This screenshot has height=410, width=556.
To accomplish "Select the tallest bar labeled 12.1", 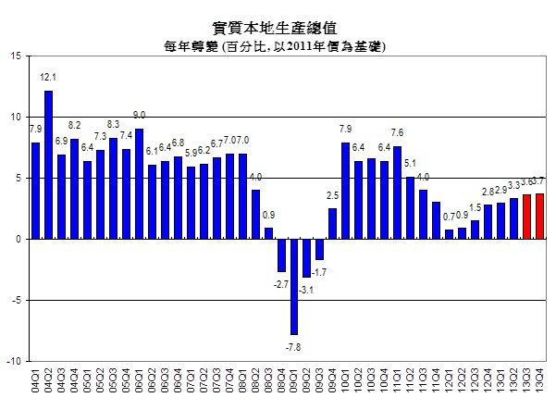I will pos(48,165).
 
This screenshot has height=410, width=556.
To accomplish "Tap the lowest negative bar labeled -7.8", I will pos(294,286).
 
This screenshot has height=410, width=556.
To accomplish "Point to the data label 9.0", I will pos(139,116).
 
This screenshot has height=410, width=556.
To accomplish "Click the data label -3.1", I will pos(306,290).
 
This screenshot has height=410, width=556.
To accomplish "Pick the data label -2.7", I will pos(280,284).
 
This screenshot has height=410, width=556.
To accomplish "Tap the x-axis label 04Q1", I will pos(36,380).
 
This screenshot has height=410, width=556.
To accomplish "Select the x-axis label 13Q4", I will pos(540,380).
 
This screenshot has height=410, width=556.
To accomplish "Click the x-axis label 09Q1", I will pos(294,380).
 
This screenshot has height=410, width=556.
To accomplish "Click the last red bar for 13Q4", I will pos(540,216).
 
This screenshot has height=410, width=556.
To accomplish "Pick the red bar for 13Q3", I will pos(527,217).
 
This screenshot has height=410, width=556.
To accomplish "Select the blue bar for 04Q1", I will pos(36,191).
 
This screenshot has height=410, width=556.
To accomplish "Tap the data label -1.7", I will pos(319,272).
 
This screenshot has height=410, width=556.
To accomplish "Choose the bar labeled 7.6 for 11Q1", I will pos(398,193).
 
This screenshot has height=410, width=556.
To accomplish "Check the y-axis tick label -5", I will pos(15,300).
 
